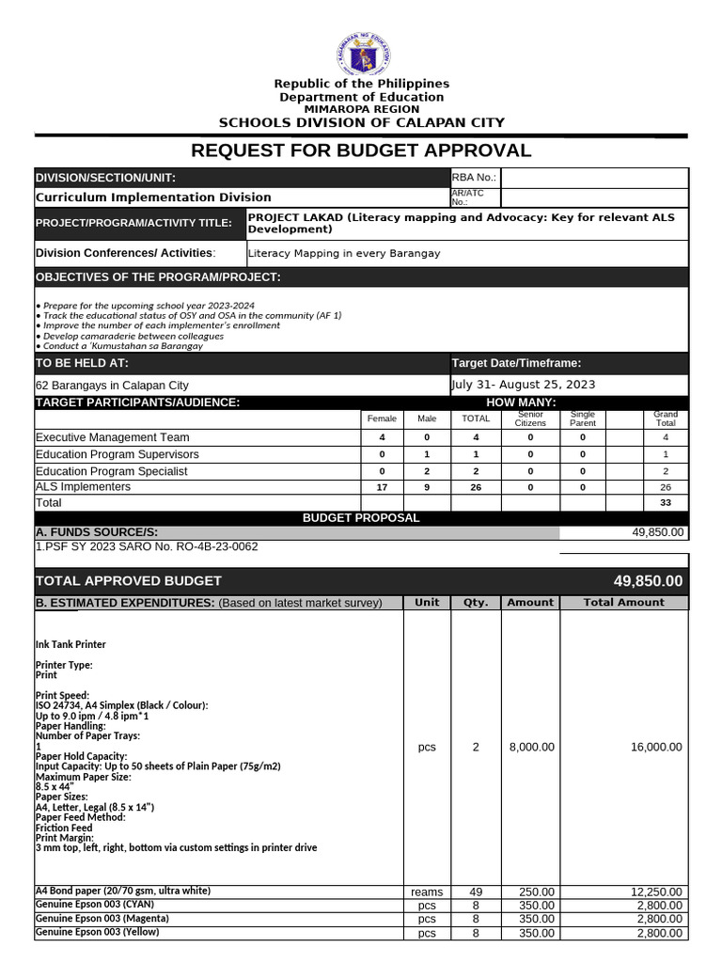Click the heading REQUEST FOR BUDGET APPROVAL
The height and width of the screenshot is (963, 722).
[x=361, y=150]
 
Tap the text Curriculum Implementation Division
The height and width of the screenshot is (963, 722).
[x=153, y=197]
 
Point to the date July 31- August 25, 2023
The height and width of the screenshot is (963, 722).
[x=524, y=385]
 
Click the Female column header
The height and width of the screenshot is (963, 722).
[x=382, y=418]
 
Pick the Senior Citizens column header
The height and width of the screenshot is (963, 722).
[x=530, y=418]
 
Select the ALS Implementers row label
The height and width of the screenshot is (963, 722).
[x=84, y=486]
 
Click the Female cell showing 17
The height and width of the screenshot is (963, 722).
[x=382, y=487]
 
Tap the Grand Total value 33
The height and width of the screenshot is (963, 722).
[x=666, y=503]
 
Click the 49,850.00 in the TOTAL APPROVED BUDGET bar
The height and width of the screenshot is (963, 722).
[x=648, y=581]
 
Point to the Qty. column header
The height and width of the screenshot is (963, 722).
[x=476, y=603]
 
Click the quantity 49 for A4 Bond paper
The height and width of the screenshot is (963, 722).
[x=476, y=892]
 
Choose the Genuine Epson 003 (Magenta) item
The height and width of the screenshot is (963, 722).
[x=102, y=918]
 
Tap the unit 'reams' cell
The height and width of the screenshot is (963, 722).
[x=427, y=892]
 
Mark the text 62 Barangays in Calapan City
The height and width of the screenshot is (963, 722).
[x=112, y=386]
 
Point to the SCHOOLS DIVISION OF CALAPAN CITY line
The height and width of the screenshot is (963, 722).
[x=361, y=122]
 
